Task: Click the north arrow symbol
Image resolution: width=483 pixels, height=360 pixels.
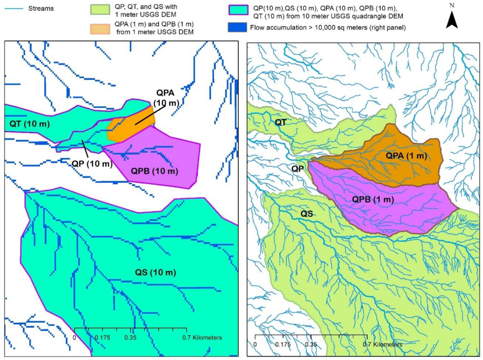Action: pos(452,21)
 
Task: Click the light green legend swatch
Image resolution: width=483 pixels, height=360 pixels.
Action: pos(100,10)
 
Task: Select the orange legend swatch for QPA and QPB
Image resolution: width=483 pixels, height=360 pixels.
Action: pos(100,29)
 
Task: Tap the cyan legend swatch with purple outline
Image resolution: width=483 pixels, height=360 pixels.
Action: pos(238,10)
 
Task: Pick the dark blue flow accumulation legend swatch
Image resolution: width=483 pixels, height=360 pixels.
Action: pos(237,28)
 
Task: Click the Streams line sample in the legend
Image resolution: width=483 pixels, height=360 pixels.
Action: pos(14,9)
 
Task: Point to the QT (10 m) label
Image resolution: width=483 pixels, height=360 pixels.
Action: pos(29,124)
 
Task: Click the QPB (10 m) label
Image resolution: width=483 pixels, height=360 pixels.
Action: pos(154,171)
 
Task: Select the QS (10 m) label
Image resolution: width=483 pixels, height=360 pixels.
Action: pos(156,272)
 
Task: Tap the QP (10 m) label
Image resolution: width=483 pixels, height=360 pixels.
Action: pos(92,164)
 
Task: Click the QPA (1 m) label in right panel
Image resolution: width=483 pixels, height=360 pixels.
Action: pos(406,156)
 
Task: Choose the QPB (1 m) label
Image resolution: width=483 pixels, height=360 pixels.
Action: pos(373,199)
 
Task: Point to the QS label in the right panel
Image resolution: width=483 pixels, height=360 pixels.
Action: pos(307,214)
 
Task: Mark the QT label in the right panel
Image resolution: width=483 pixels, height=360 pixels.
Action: pos(280,122)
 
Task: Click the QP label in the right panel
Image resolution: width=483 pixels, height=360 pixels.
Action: pos(297,169)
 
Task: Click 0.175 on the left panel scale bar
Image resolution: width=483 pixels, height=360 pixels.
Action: pos(102,338)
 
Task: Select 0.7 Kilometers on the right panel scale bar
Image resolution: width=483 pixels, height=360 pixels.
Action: pos(382,345)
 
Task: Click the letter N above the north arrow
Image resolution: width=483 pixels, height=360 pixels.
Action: pos(452,6)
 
